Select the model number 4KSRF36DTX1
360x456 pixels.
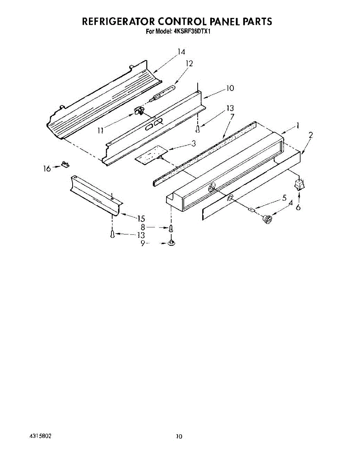192,32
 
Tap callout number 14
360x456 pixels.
181,52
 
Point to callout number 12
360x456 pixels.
189,64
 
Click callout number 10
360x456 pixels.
229,88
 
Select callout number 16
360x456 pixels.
47,169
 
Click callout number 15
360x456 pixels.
141,218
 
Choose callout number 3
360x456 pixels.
193,144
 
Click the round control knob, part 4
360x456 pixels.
268,219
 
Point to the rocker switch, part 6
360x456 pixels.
299,185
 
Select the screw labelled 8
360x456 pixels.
171,228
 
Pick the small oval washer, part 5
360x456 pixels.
251,209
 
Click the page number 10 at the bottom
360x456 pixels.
179,437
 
